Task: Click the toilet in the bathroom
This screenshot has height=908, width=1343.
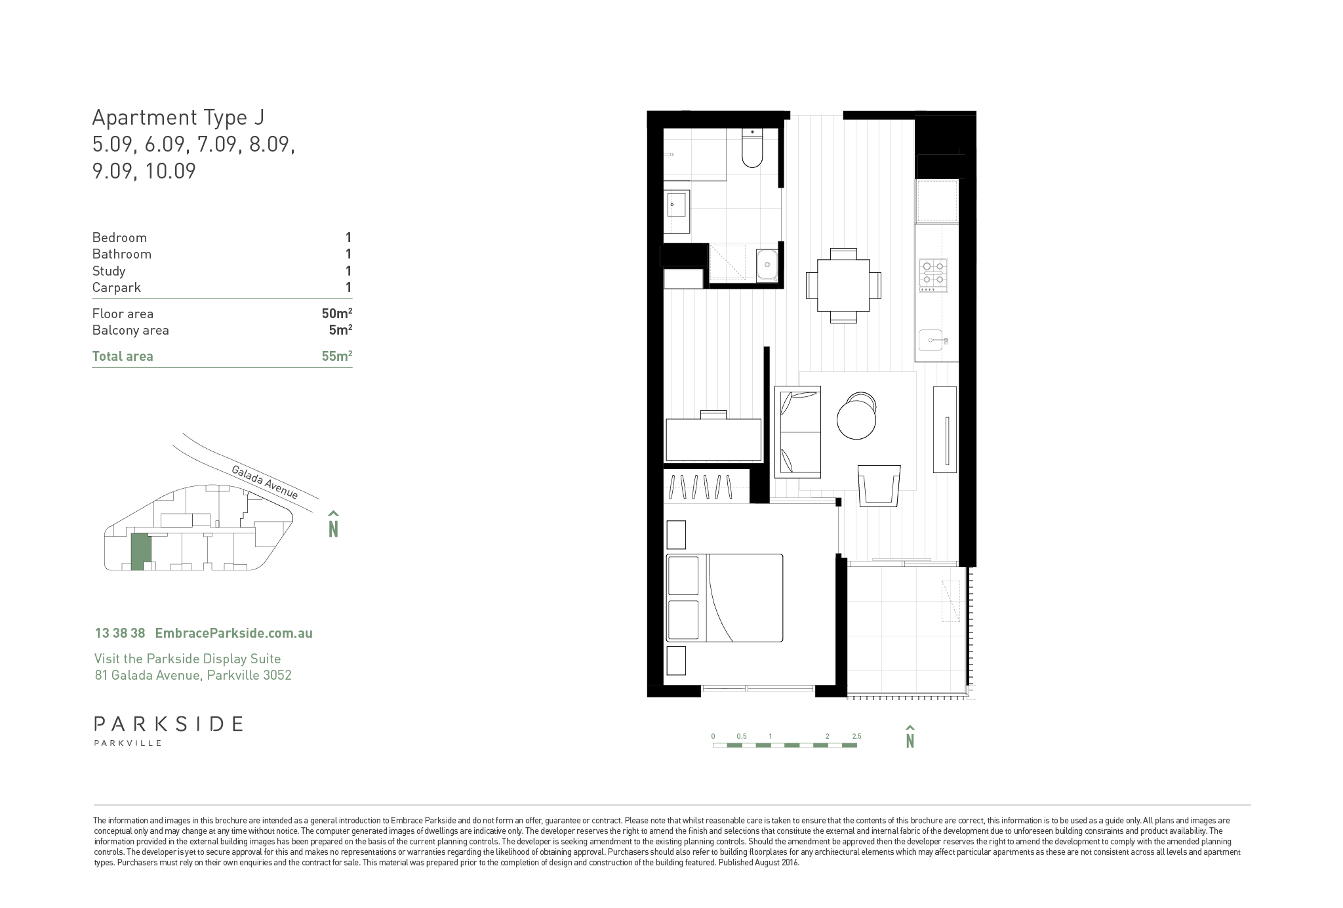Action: pos(752,148)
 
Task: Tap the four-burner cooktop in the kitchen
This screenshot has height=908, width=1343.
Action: pos(933,276)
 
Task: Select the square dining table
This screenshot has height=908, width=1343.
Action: pos(843,285)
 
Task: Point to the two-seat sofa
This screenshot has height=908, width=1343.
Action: pos(798,432)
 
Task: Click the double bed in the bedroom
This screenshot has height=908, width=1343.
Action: pos(725,598)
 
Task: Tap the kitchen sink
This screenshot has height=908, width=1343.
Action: pos(933,341)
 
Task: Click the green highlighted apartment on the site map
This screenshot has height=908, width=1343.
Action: pos(140,551)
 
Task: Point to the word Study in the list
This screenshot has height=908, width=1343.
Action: pos(109,272)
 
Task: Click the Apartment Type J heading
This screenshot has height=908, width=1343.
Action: pos(178,117)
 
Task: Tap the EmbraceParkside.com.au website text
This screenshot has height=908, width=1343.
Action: pos(233,633)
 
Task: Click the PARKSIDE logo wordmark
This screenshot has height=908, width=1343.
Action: pos(169,724)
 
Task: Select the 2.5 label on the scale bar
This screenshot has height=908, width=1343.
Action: pos(856,736)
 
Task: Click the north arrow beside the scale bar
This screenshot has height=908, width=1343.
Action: pos(910,737)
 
